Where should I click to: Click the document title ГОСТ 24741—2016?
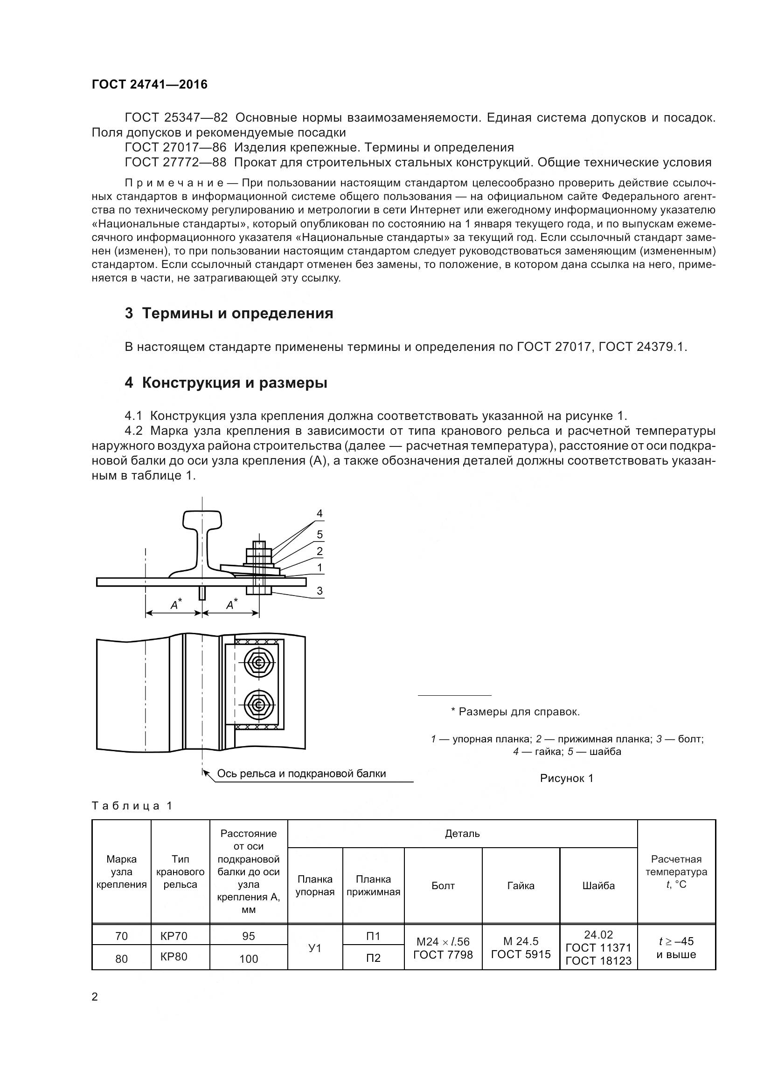click(150, 84)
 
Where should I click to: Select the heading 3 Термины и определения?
click(229, 313)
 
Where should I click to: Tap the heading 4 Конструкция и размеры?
click(226, 383)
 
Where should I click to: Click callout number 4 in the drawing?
click(320, 514)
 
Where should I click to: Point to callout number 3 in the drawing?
click(320, 590)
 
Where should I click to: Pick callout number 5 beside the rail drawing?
click(320, 535)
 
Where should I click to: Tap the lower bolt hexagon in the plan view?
click(258, 705)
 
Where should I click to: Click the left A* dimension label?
click(176, 604)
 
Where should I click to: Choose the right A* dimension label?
click(232, 604)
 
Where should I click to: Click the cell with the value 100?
click(249, 932)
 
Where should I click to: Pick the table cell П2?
click(374, 931)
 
